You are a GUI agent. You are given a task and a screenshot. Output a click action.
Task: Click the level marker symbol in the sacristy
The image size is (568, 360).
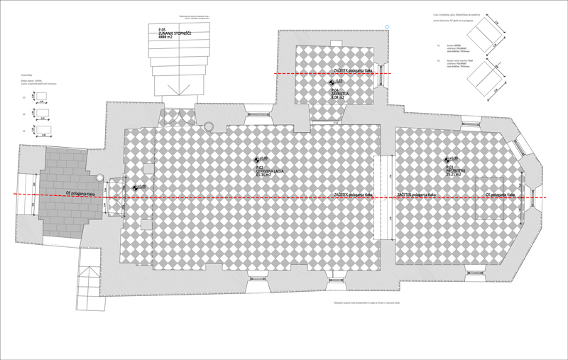[331, 82]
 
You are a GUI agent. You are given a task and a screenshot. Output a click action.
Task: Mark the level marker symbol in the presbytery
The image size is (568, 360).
[447, 159]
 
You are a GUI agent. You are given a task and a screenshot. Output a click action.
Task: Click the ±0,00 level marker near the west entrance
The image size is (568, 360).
[135, 187]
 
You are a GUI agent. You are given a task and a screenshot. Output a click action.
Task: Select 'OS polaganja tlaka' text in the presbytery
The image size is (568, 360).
[506, 194]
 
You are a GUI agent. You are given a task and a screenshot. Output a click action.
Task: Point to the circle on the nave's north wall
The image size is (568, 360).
[209, 126]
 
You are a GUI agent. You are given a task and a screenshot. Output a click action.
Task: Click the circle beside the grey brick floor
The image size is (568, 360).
[100, 177]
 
